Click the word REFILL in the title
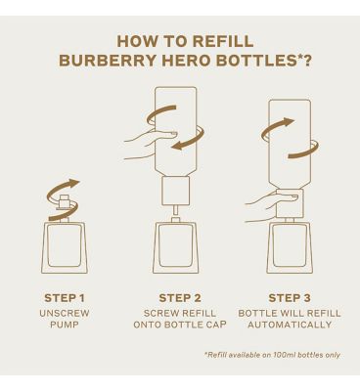pos(223,41)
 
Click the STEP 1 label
pos(65,298)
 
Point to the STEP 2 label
pos(180,298)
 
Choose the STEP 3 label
pos(290,298)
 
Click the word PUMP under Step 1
pos(65,325)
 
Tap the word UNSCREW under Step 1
pos(65,313)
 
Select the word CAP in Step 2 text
pos(215,325)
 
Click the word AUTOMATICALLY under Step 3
pos(290,325)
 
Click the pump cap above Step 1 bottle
pos(65,201)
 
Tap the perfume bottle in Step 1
pos(65,246)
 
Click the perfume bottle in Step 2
pos(175,246)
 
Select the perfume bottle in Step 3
pos(290,246)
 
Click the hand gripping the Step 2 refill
pos(151,143)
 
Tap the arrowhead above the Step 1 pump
pos(73,183)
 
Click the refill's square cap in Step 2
pos(175,191)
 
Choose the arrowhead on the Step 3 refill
pos(288,122)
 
